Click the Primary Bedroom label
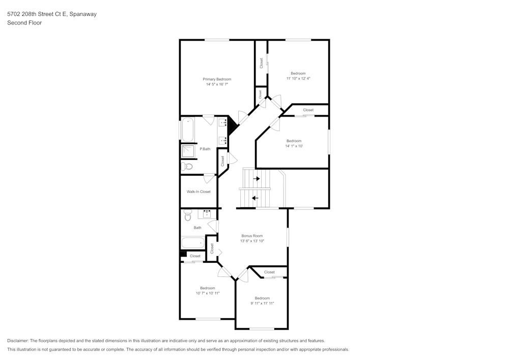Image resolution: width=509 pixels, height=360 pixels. (x=217, y=79)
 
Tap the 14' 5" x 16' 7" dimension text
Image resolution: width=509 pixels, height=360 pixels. (x=217, y=85)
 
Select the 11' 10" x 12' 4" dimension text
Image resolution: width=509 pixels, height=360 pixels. (x=298, y=78)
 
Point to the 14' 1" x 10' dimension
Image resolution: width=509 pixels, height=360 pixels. (x=294, y=146)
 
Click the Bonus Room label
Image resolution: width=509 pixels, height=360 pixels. (x=252, y=236)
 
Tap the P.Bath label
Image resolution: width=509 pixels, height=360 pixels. (x=205, y=149)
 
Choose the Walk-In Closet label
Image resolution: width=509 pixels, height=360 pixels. (x=199, y=191)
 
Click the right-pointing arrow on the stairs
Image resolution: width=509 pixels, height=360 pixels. (x=257, y=179)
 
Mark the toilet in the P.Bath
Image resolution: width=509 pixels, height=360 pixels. (x=186, y=166)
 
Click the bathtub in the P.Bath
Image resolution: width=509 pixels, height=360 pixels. (x=187, y=129)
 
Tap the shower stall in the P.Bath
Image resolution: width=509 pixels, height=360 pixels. (x=188, y=151)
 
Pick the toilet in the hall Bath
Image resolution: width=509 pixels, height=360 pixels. (x=187, y=216)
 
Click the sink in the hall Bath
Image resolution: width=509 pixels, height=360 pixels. (x=207, y=214)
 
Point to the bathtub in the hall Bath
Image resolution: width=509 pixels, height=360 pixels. (x=193, y=243)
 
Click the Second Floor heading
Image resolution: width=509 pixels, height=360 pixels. (x=24, y=23)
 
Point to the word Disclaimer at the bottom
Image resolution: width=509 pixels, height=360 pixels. (x=18, y=340)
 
